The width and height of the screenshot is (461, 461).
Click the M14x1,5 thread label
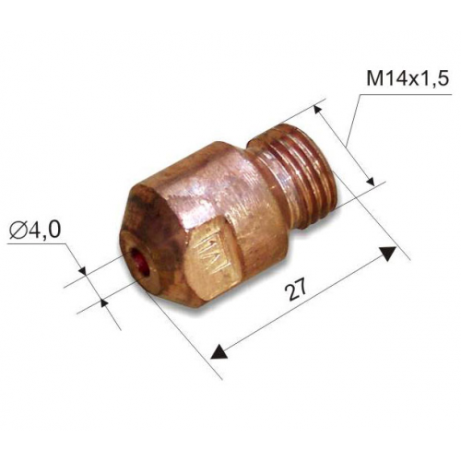point(408,79)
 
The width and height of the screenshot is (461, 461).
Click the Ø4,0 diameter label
point(34,230)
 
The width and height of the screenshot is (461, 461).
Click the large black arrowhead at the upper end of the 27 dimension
point(387,254)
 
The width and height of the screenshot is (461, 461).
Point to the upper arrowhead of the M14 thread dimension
point(318,110)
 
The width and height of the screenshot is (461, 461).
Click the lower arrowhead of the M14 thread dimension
point(370,182)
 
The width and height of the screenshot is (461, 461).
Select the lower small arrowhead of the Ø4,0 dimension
point(104,301)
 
